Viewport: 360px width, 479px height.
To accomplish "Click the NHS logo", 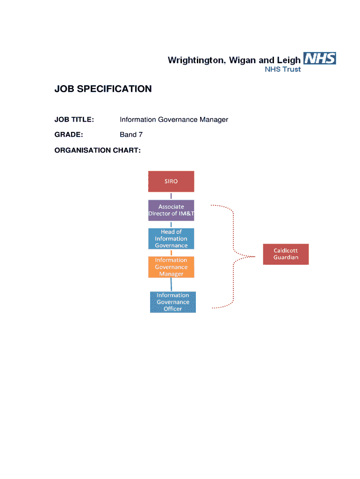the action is (320, 58).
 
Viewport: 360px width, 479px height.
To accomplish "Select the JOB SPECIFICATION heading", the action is (103, 89).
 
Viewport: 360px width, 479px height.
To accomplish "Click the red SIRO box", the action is (171, 181).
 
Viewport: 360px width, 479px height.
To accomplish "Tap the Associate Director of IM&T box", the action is (171, 210).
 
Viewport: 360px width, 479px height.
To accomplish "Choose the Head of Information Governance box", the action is (171, 239).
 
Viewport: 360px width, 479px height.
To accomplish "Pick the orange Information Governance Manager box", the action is (171, 267).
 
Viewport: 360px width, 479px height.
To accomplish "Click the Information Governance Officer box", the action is (173, 302).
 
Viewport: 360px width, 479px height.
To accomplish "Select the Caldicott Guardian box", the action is (286, 254).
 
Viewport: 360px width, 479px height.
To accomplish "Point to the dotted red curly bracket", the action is (233, 256).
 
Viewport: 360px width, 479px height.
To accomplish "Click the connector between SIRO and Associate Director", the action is (171, 196).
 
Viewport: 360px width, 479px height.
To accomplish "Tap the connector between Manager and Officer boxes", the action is (171, 285).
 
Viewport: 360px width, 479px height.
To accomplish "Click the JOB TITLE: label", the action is (74, 119).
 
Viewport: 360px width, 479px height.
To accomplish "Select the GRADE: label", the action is (69, 135).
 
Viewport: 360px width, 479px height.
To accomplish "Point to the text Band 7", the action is (131, 135).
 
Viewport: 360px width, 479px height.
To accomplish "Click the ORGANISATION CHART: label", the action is (97, 150).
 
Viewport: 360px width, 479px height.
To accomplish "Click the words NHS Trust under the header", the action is (283, 69).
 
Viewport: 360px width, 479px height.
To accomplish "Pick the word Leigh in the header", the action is (288, 60).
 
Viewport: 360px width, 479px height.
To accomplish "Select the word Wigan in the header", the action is (243, 60).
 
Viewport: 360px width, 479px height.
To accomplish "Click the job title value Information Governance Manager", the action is (174, 119).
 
